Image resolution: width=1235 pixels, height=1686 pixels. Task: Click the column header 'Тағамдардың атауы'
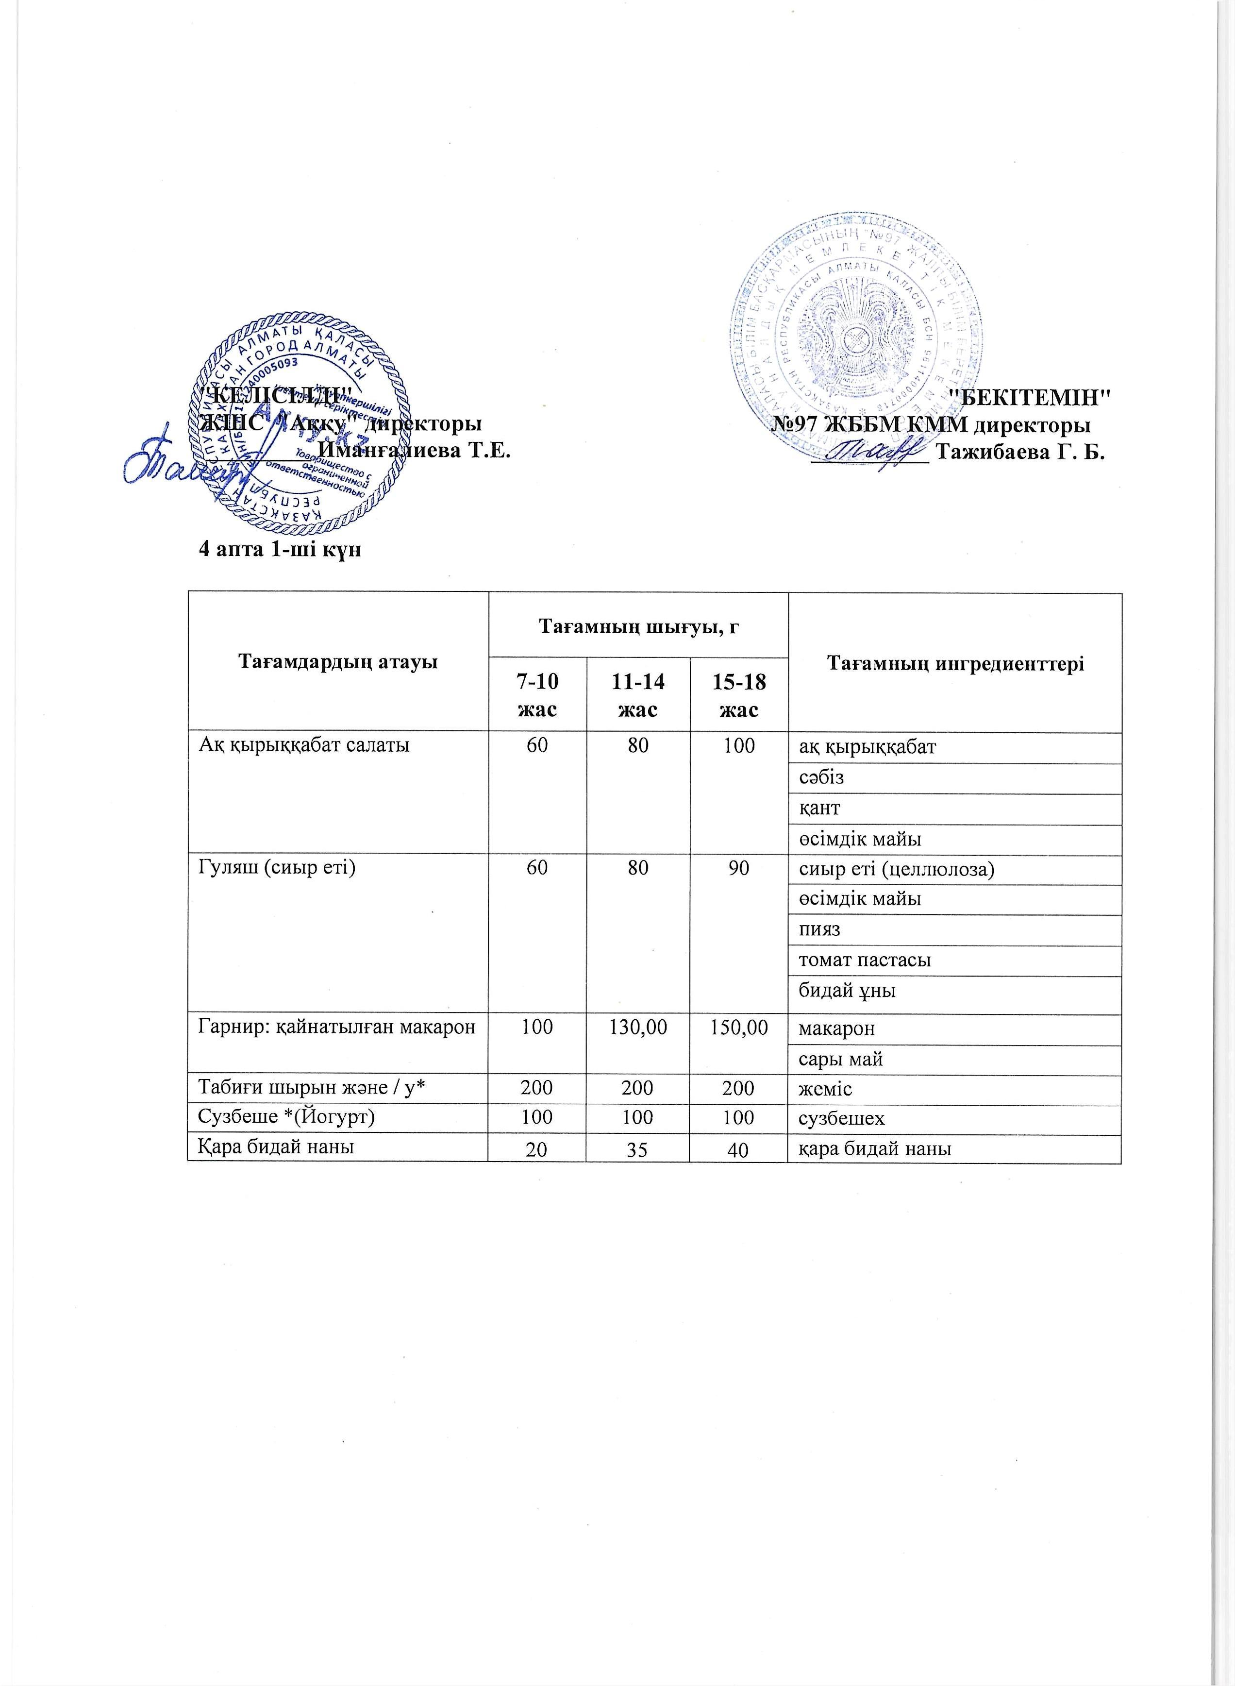coord(337,662)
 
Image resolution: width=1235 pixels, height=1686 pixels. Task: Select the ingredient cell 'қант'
coord(820,808)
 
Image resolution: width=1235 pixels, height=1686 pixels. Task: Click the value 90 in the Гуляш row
coord(738,869)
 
